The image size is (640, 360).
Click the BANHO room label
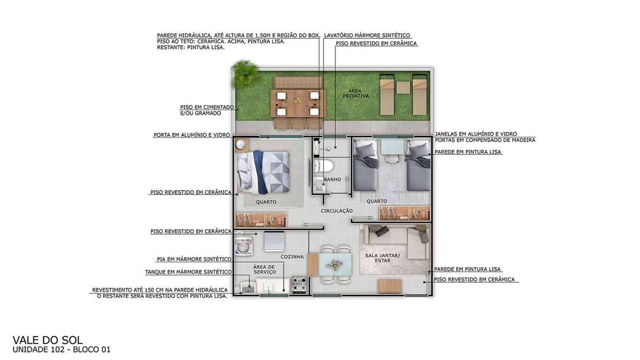pyautogui.click(x=332, y=180)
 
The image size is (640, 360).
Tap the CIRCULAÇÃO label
pyautogui.click(x=337, y=211)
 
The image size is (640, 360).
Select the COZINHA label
pyautogui.click(x=292, y=257)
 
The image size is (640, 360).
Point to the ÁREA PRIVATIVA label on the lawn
pyautogui.click(x=355, y=93)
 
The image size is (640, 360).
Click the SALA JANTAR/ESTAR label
pyautogui.click(x=383, y=258)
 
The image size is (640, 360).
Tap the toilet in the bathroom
pyautogui.click(x=324, y=166)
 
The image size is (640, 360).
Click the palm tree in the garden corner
pyautogui.click(x=245, y=73)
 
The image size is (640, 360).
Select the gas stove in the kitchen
pyautogui.click(x=299, y=284)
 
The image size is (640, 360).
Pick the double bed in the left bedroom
pyautogui.click(x=263, y=172)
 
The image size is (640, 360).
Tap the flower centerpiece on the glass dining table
pyautogui.click(x=334, y=265)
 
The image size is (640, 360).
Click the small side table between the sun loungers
pyautogui.click(x=403, y=87)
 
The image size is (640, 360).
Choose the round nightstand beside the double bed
pyautogui.click(x=242, y=145)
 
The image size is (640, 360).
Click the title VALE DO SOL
pyautogui.click(x=48, y=340)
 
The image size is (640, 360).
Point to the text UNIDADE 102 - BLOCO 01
pyautogui.click(x=62, y=350)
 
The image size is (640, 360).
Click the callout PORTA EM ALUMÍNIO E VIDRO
pyautogui.click(x=192, y=135)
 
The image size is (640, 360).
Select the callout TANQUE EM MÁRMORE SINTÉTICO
pyautogui.click(x=188, y=272)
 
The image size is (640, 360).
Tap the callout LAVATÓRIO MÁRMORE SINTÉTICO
pyautogui.click(x=367, y=35)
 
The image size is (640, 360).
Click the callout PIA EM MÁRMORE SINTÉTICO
pyautogui.click(x=194, y=259)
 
